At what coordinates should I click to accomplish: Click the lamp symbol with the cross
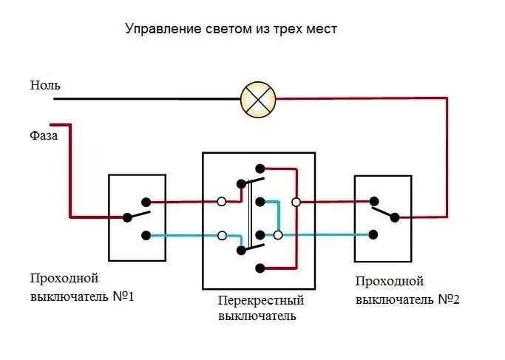258,99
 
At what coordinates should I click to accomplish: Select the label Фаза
44,135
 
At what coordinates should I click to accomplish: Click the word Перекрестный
261,301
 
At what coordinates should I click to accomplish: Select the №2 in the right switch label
447,299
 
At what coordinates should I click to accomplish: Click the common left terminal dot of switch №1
127,217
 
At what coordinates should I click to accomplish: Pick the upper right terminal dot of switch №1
146,201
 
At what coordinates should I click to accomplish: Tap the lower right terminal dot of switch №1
146,236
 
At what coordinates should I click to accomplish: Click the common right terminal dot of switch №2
394,217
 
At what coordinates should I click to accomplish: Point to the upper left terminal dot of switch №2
374,200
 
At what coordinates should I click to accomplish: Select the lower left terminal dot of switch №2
374,235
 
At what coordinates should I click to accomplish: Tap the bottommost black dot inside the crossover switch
259,267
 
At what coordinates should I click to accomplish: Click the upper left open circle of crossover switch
221,201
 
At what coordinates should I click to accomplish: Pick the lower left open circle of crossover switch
221,236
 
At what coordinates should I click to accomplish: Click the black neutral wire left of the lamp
148,98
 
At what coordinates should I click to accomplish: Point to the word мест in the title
323,30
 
